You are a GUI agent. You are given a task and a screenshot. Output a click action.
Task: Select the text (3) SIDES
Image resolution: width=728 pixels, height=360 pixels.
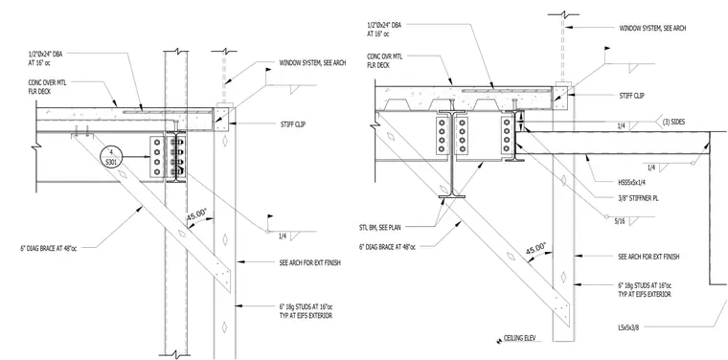click(x=672, y=122)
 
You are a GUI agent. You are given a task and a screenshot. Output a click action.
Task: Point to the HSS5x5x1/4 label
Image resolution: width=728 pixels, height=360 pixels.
click(x=634, y=182)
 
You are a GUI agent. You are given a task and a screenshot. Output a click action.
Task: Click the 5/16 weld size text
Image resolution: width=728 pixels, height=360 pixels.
click(x=620, y=221)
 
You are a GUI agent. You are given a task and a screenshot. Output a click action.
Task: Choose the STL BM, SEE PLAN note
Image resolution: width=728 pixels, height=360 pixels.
click(x=379, y=227)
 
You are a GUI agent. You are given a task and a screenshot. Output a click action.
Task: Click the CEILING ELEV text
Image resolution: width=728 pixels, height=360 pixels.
click(x=519, y=338)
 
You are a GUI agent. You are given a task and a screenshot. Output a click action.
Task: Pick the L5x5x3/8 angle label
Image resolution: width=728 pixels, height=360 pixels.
click(x=626, y=327)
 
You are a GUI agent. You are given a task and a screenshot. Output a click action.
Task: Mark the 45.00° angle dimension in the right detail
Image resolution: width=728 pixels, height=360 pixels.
click(x=536, y=249)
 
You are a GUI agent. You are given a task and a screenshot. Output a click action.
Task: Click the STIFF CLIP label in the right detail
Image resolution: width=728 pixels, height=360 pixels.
click(x=632, y=96)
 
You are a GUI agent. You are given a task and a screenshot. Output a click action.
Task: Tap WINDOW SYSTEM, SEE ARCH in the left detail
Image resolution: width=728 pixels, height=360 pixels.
click(x=312, y=62)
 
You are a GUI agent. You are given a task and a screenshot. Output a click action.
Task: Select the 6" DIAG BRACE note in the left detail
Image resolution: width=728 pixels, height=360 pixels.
click(x=49, y=248)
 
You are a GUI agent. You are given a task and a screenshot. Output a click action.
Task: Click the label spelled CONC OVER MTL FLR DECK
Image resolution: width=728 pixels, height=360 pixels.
click(x=46, y=87)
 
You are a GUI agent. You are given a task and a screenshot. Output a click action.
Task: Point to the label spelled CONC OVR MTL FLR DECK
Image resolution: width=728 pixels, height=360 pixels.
click(x=384, y=60)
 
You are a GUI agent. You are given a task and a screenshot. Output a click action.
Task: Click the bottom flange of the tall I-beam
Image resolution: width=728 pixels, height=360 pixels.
click(x=452, y=196)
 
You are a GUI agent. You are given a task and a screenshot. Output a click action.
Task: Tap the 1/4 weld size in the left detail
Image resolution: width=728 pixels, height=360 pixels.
click(x=283, y=236)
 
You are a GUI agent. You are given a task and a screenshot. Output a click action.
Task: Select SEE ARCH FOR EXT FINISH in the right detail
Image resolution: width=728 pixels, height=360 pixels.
click(x=649, y=256)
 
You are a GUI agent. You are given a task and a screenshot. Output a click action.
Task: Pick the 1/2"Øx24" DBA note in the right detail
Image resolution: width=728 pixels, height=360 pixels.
click(x=384, y=30)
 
